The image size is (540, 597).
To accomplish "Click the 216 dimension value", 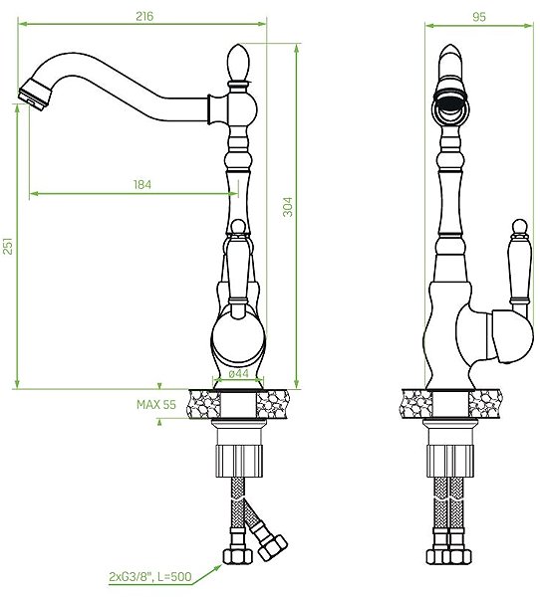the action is (x=144, y=16).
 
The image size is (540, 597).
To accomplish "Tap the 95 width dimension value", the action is (x=479, y=17).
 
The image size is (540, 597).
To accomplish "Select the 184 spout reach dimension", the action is (x=142, y=185).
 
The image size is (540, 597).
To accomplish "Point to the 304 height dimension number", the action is (x=288, y=207).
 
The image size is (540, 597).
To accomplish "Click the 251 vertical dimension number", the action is (x=8, y=246).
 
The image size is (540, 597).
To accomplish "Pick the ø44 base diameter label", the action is (x=239, y=374).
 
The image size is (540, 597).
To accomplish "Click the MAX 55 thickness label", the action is (x=156, y=404).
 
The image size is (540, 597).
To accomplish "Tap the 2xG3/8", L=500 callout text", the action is (x=150, y=577).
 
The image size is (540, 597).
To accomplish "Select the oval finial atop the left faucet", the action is (x=238, y=63).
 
